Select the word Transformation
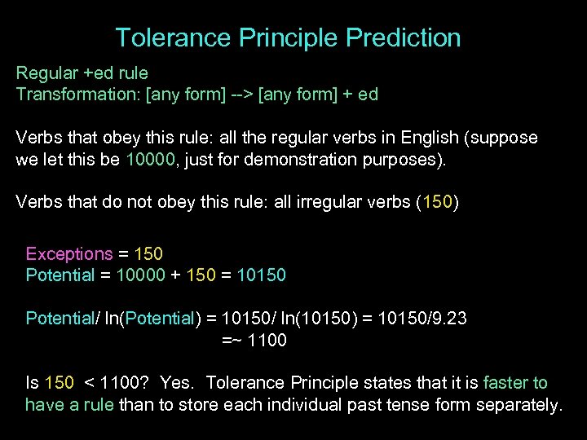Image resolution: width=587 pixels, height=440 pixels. click(76, 94)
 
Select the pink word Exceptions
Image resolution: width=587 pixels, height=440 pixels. click(69, 253)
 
